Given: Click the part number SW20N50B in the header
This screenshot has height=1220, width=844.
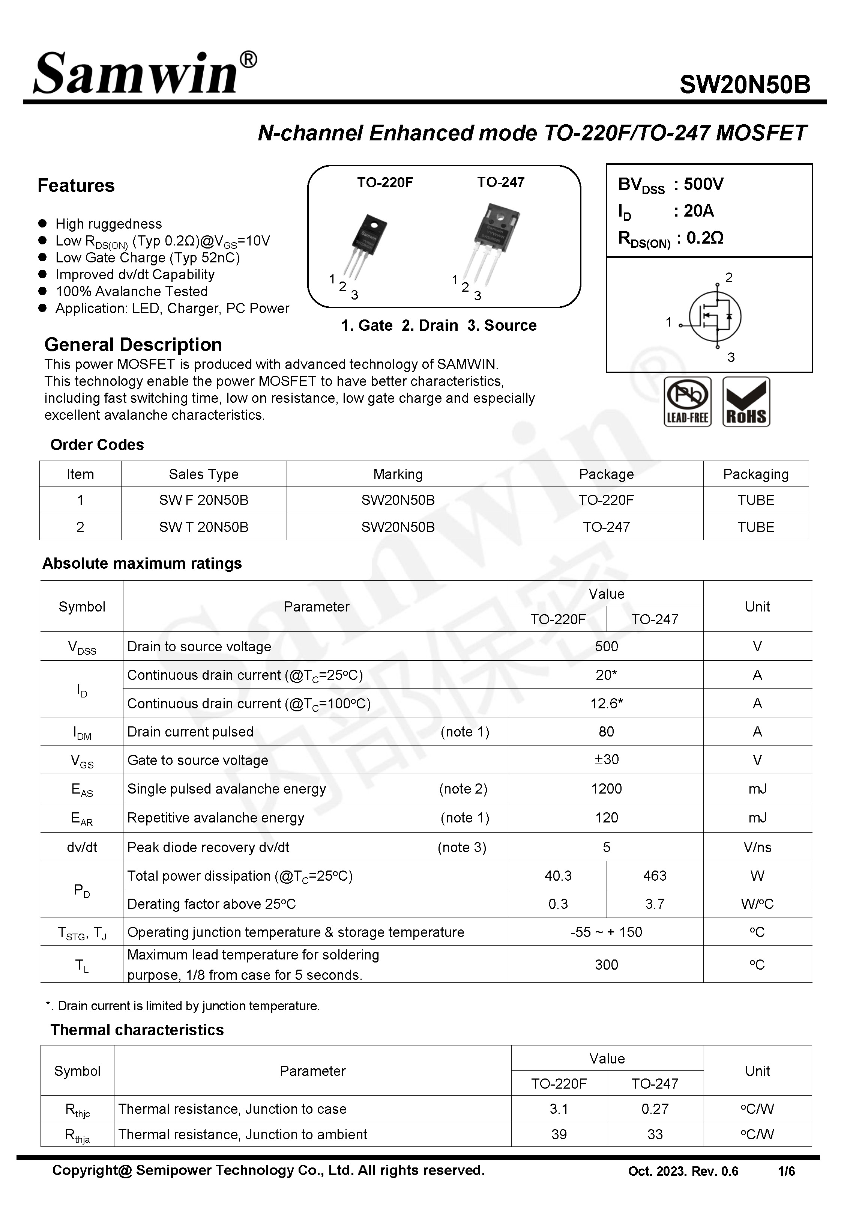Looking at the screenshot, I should (x=744, y=84).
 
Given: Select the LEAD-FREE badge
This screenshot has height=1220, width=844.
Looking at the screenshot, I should (x=687, y=402).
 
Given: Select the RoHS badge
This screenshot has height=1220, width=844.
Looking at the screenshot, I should (x=746, y=402).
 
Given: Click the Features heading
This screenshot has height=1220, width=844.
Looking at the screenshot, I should (x=76, y=186).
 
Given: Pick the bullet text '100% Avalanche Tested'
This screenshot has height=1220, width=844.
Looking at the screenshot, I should (x=131, y=292).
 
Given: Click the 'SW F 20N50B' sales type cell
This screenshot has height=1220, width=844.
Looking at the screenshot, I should (x=204, y=500).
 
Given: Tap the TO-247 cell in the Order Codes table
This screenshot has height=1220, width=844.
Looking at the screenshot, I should (x=606, y=527).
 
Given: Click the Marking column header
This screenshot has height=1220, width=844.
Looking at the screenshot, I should (x=398, y=474).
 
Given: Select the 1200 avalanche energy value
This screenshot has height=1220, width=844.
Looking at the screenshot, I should (x=606, y=789).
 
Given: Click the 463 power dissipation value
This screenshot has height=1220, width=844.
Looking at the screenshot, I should (x=654, y=876).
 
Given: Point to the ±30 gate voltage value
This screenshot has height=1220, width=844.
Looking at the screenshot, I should (x=606, y=760).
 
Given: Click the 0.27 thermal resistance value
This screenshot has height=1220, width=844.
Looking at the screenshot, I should (x=654, y=1109).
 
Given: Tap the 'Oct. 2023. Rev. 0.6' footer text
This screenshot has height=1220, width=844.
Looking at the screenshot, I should (x=683, y=1171).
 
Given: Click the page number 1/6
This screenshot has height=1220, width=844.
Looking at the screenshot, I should (x=786, y=1171).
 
